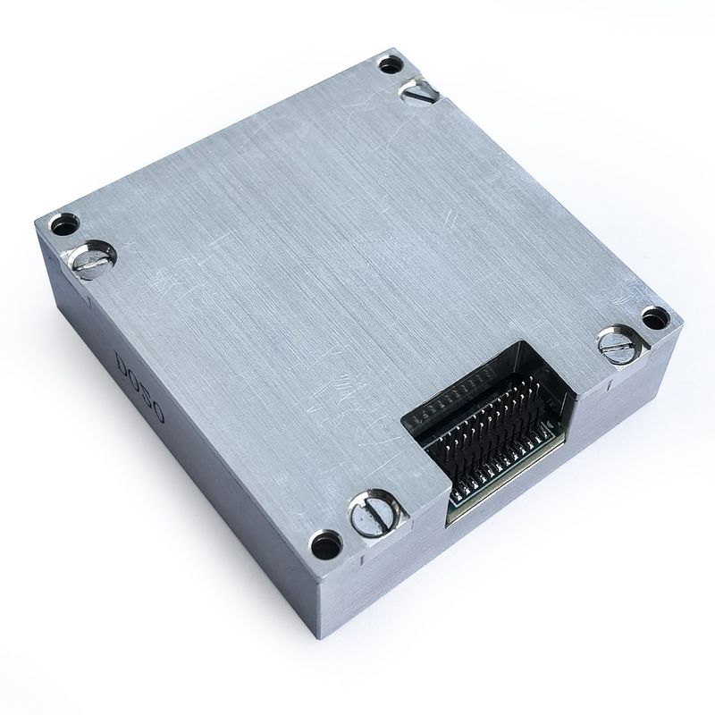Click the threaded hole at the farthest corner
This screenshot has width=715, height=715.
click(x=390, y=64)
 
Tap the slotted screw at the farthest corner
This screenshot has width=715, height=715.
click(x=418, y=89)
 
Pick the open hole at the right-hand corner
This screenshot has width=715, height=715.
click(x=654, y=316)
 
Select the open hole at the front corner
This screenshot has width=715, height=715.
click(x=324, y=541)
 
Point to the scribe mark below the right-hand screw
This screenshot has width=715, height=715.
click(x=610, y=384)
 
